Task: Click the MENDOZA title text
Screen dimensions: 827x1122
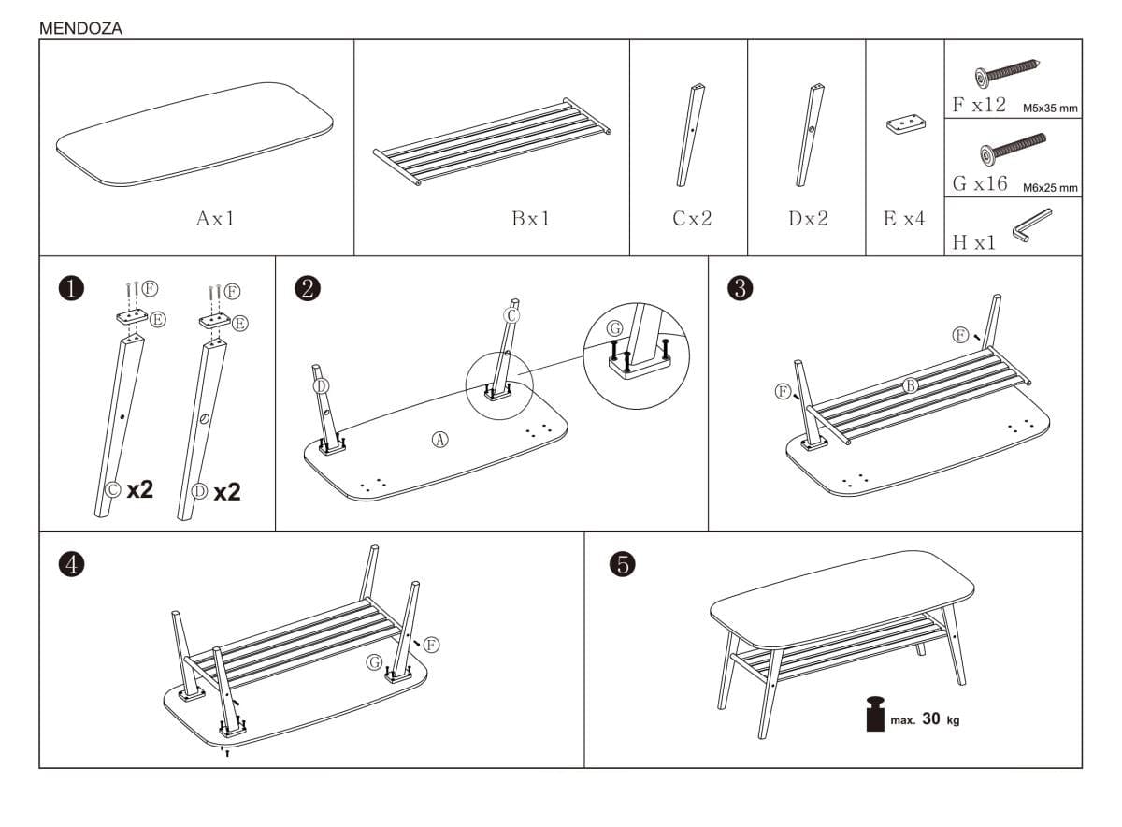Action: pyautogui.click(x=80, y=28)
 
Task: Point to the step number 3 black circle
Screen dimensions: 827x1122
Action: pyautogui.click(x=740, y=288)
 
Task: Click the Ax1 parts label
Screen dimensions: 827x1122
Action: pyautogui.click(x=215, y=219)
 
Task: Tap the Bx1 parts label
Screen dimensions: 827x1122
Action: pyautogui.click(x=531, y=219)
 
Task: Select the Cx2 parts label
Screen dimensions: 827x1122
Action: pyautogui.click(x=692, y=219)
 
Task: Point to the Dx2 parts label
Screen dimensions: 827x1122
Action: pyautogui.click(x=808, y=219)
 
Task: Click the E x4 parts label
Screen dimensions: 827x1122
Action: pyautogui.click(x=904, y=219)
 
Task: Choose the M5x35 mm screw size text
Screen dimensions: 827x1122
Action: pyautogui.click(x=1050, y=109)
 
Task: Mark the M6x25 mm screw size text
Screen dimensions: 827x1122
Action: pyautogui.click(x=1050, y=187)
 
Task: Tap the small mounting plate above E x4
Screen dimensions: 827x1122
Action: pyautogui.click(x=904, y=125)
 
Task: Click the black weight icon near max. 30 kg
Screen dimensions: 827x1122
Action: pyautogui.click(x=875, y=716)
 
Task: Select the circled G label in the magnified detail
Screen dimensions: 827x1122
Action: pyautogui.click(x=614, y=328)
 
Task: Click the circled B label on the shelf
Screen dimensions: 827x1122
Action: pyautogui.click(x=911, y=384)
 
